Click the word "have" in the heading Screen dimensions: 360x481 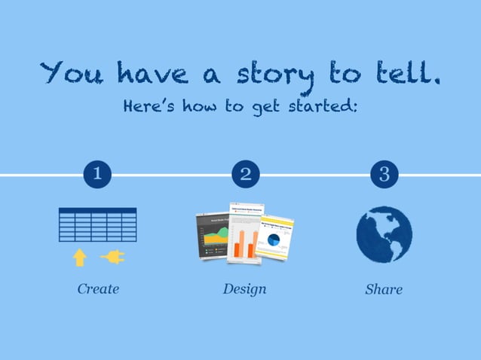click(x=150, y=73)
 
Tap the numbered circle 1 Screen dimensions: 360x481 click(x=97, y=175)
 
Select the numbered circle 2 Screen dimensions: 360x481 click(x=245, y=175)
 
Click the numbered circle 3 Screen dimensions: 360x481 click(x=384, y=175)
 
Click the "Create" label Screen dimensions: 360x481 click(x=98, y=288)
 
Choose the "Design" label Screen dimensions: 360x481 click(x=244, y=288)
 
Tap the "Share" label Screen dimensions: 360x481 click(x=384, y=289)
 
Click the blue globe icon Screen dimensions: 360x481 click(x=384, y=234)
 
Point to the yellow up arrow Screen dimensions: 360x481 click(x=79, y=258)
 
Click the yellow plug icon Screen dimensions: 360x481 click(x=112, y=258)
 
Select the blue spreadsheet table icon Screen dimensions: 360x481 click(x=97, y=224)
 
